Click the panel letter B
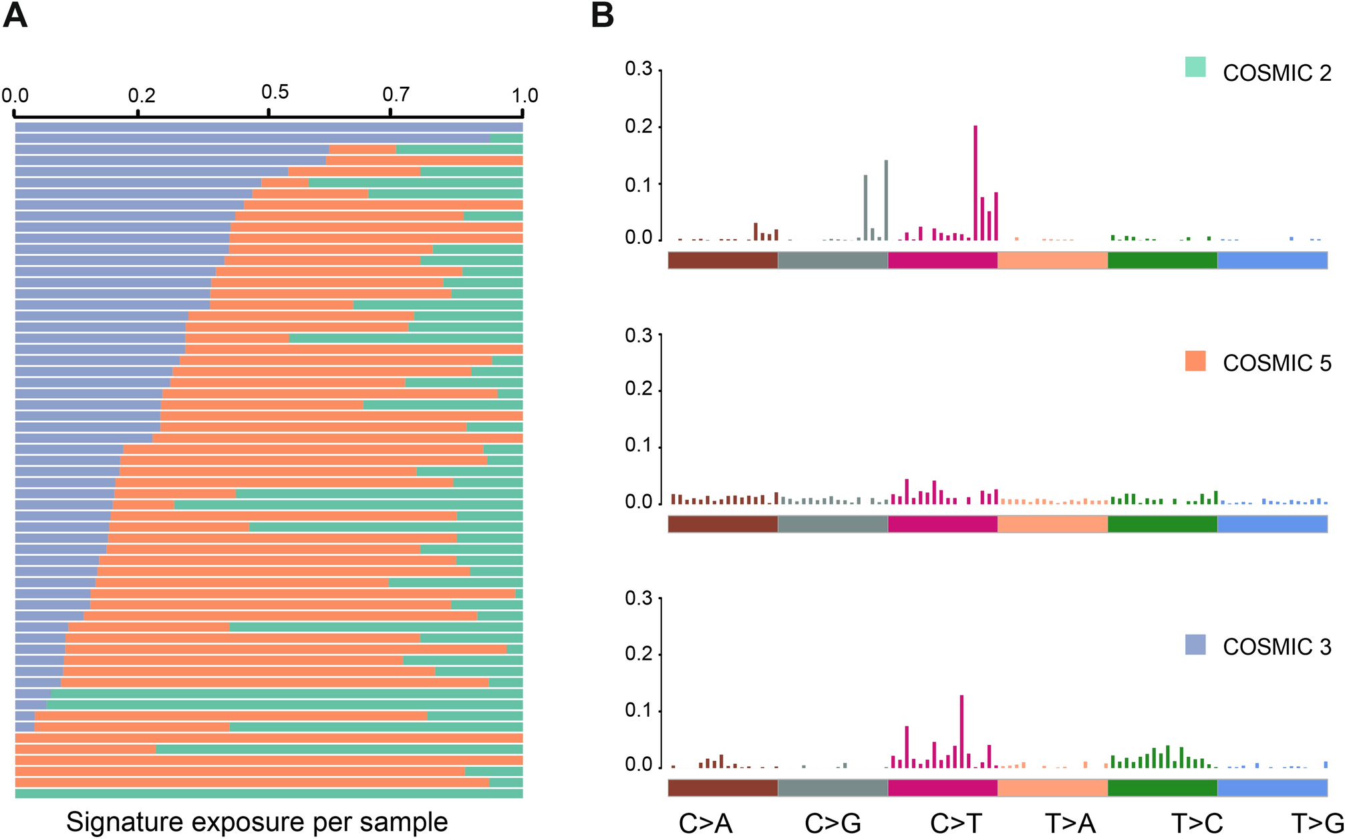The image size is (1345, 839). pyautogui.click(x=602, y=15)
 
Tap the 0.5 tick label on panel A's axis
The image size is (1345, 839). pyautogui.click(x=275, y=92)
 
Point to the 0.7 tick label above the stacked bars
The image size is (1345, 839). pyautogui.click(x=396, y=94)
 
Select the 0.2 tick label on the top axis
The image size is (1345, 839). pyautogui.click(x=142, y=96)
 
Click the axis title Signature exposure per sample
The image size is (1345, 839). pyautogui.click(x=257, y=822)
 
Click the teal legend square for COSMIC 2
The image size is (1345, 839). pyautogui.click(x=1195, y=67)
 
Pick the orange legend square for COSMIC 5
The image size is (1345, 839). pyautogui.click(x=1195, y=361)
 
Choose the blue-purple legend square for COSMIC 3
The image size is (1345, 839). pyautogui.click(x=1195, y=645)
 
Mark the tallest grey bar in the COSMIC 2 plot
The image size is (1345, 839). pyautogui.click(x=886, y=200)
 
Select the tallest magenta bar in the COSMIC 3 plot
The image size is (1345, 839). pyautogui.click(x=961, y=731)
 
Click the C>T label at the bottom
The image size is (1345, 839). pyautogui.click(x=955, y=824)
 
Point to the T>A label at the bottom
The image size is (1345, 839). pyautogui.click(x=1070, y=824)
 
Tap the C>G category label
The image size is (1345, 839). pyautogui.click(x=833, y=824)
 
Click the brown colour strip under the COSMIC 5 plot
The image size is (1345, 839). pyautogui.click(x=723, y=524)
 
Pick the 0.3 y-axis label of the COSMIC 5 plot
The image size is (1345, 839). pyautogui.click(x=638, y=335)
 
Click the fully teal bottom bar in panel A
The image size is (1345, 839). pyautogui.click(x=269, y=794)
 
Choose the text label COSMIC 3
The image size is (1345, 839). pyautogui.click(x=1277, y=647)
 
